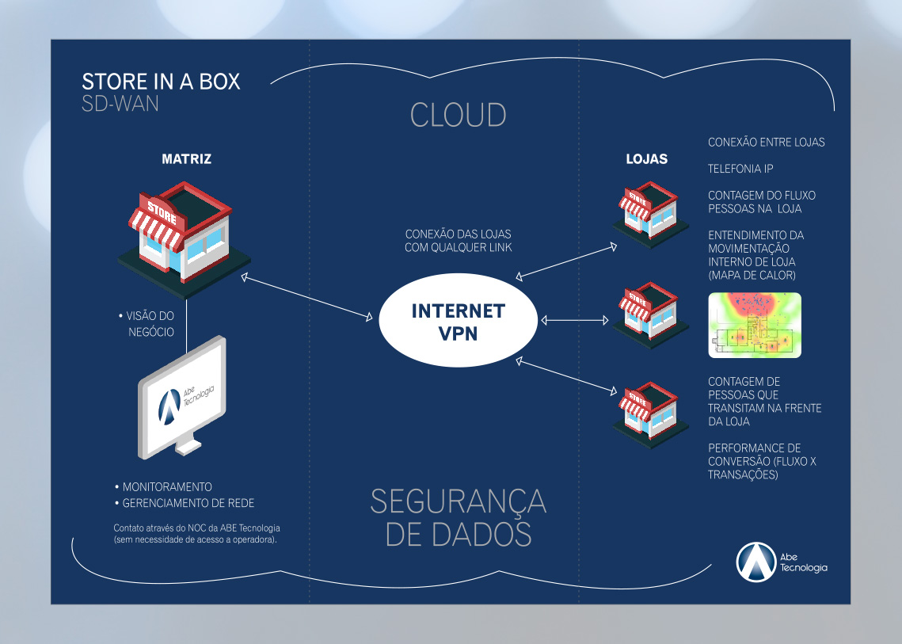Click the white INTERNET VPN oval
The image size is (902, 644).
tap(458, 321)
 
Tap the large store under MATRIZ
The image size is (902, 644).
tap(184, 234)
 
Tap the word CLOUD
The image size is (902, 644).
tap(458, 116)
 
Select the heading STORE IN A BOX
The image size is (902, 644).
tap(161, 82)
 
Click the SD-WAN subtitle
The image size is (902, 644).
tap(120, 104)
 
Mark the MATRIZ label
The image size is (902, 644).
tap(186, 159)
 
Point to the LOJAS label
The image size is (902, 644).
tap(646, 159)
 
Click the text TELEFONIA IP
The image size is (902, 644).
tap(740, 169)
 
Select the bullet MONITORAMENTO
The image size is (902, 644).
tap(166, 486)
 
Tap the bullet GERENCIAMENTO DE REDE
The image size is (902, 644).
tap(188, 503)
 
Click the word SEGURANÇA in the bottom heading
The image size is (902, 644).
tap(458, 501)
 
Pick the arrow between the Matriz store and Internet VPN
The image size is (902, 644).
tap(307, 297)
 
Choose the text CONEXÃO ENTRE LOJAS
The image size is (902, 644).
tap(766, 143)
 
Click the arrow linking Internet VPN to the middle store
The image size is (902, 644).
tap(574, 320)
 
